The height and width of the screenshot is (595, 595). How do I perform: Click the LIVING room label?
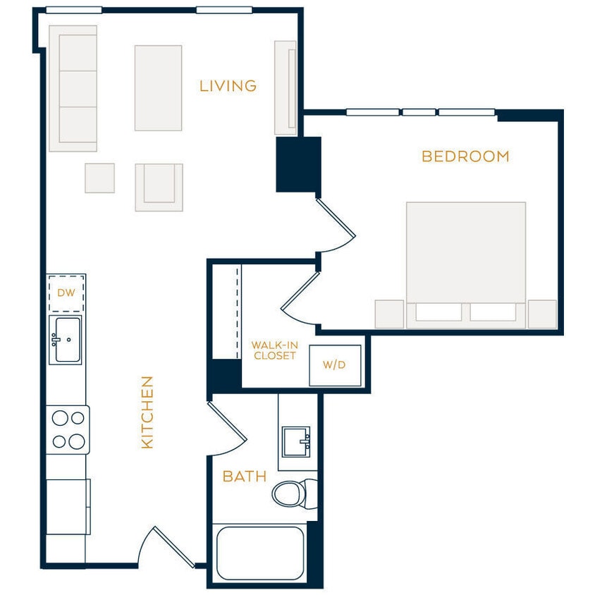(228, 86)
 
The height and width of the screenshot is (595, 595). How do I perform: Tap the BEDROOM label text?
(465, 157)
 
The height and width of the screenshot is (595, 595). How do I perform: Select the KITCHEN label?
(147, 412)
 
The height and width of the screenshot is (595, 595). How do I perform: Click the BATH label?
(245, 477)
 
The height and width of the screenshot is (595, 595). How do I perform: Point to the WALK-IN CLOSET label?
(274, 350)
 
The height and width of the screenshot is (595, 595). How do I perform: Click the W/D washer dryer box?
(335, 365)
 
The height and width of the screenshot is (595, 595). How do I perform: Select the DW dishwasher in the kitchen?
(66, 293)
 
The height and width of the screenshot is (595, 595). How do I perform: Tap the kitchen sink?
(66, 340)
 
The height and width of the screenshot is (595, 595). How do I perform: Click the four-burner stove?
(68, 430)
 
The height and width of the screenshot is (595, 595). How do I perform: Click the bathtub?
(260, 553)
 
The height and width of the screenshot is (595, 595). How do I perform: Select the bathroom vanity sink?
(297, 441)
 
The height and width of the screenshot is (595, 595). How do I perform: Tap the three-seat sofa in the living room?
(73, 89)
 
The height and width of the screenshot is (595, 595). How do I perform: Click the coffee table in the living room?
(158, 88)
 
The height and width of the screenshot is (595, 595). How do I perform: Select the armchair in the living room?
(159, 187)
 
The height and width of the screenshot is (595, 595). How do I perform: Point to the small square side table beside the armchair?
(99, 178)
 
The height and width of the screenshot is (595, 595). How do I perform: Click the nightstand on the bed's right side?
(542, 314)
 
